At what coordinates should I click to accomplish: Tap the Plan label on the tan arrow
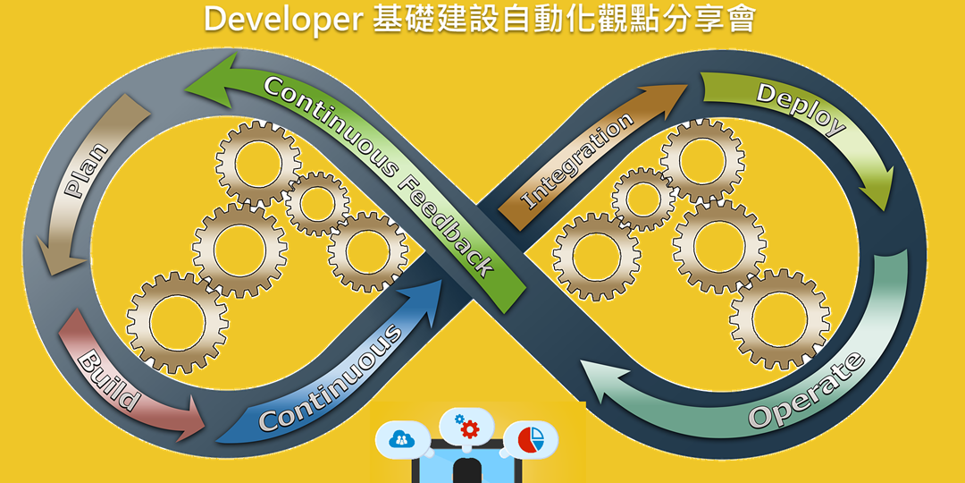tap(88, 170)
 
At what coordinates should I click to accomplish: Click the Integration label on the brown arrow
tap(576, 162)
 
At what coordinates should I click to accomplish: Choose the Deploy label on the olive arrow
tap(801, 107)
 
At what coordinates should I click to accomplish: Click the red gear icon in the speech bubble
tap(468, 428)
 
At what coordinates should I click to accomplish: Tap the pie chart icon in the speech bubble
tap(533, 439)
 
